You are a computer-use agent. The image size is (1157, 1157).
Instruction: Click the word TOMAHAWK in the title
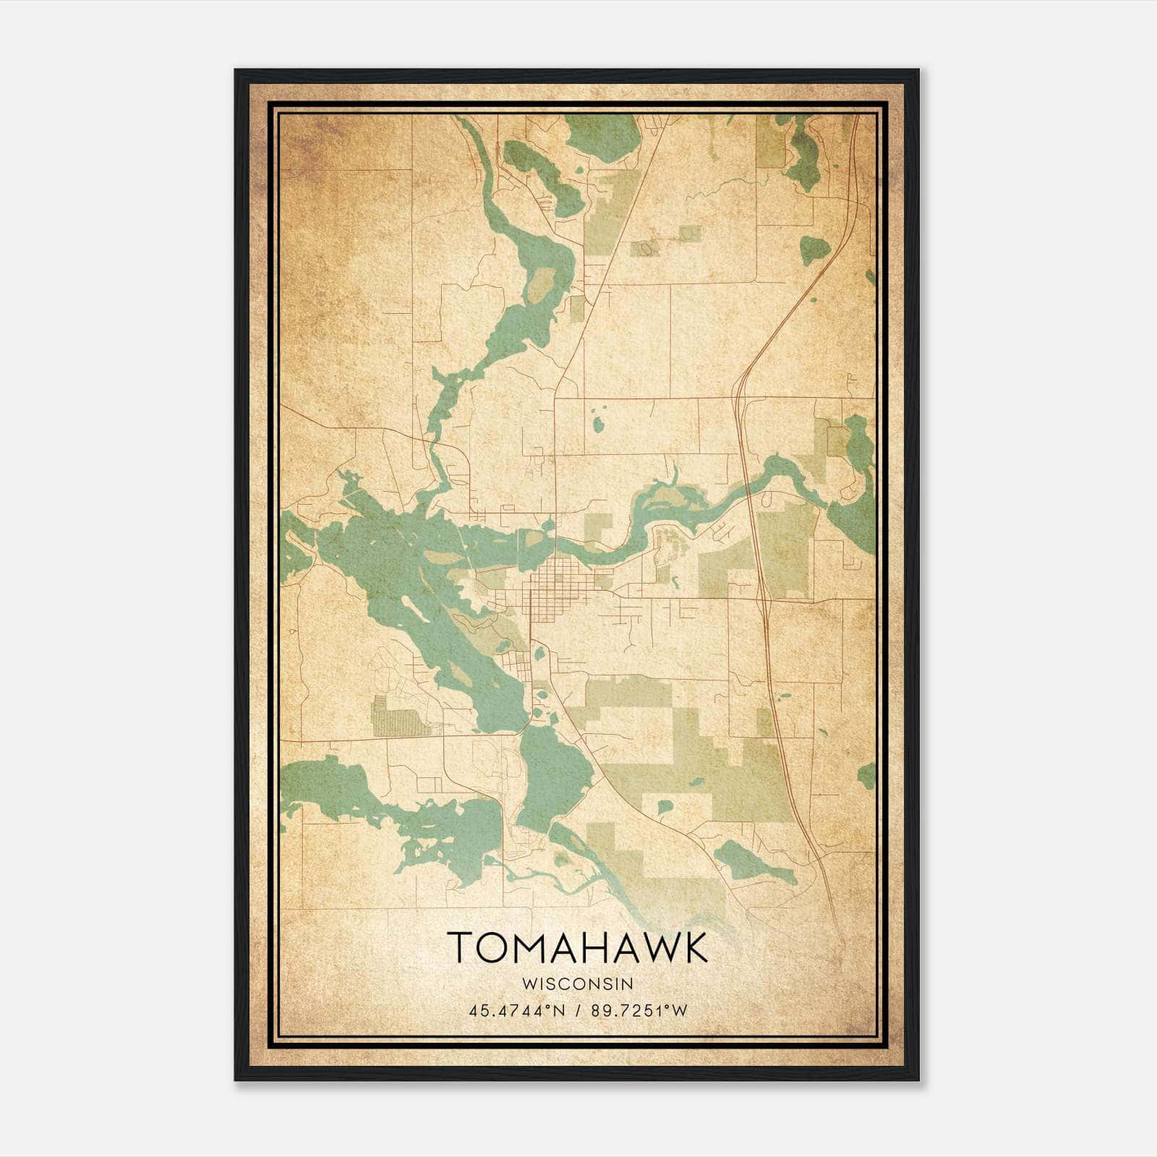(x=577, y=947)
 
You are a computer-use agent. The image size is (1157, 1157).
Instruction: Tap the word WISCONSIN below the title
(x=577, y=984)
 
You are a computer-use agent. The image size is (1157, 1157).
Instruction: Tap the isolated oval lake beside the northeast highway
(x=814, y=250)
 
